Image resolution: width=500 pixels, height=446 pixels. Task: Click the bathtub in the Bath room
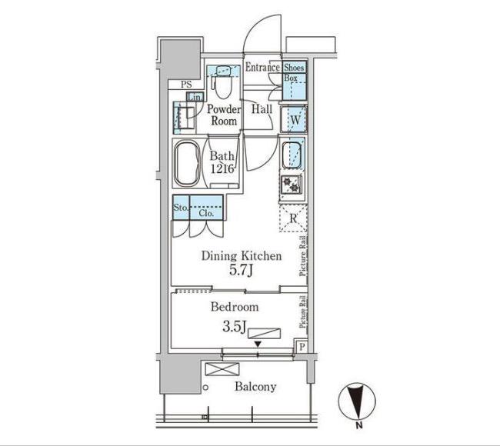click(x=187, y=164)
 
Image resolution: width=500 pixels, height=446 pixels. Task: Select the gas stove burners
click(x=292, y=185)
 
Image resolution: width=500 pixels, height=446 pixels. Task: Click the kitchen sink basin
click(x=291, y=155)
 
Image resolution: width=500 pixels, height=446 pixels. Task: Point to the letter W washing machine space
click(x=295, y=120)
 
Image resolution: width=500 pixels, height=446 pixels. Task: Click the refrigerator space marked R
click(x=293, y=218)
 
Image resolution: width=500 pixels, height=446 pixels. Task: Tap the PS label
click(x=187, y=85)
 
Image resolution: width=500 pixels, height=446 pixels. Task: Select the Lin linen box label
click(x=195, y=97)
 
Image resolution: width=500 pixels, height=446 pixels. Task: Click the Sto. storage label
click(x=181, y=207)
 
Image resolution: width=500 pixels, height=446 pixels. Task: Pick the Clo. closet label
click(x=206, y=213)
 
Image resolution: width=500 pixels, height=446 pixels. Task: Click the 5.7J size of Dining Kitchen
click(x=241, y=271)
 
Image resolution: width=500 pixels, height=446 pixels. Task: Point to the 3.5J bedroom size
click(x=235, y=327)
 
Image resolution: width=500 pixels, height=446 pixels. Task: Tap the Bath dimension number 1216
click(x=222, y=168)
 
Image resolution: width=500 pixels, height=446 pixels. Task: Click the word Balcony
click(x=255, y=387)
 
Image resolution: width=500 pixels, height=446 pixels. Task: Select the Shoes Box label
click(x=294, y=72)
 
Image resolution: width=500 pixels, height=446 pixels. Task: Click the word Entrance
click(x=262, y=67)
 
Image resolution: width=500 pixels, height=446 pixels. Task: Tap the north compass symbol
click(x=357, y=401)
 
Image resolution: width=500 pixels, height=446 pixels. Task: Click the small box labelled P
click(x=302, y=347)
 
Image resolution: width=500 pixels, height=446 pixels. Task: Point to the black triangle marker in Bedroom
click(x=258, y=344)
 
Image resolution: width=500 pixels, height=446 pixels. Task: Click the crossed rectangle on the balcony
click(x=222, y=369)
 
